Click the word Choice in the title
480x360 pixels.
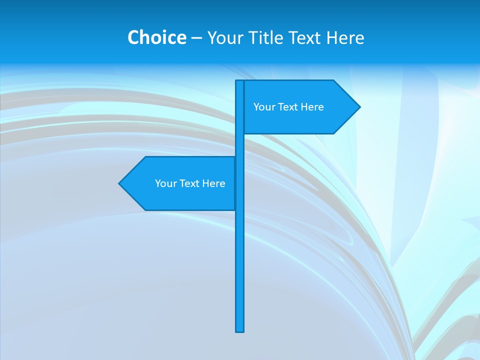point(156,37)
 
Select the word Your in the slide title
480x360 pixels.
point(225,37)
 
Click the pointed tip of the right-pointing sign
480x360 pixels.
point(359,107)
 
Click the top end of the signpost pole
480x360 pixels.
point(240,81)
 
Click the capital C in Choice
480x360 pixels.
point(133,37)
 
